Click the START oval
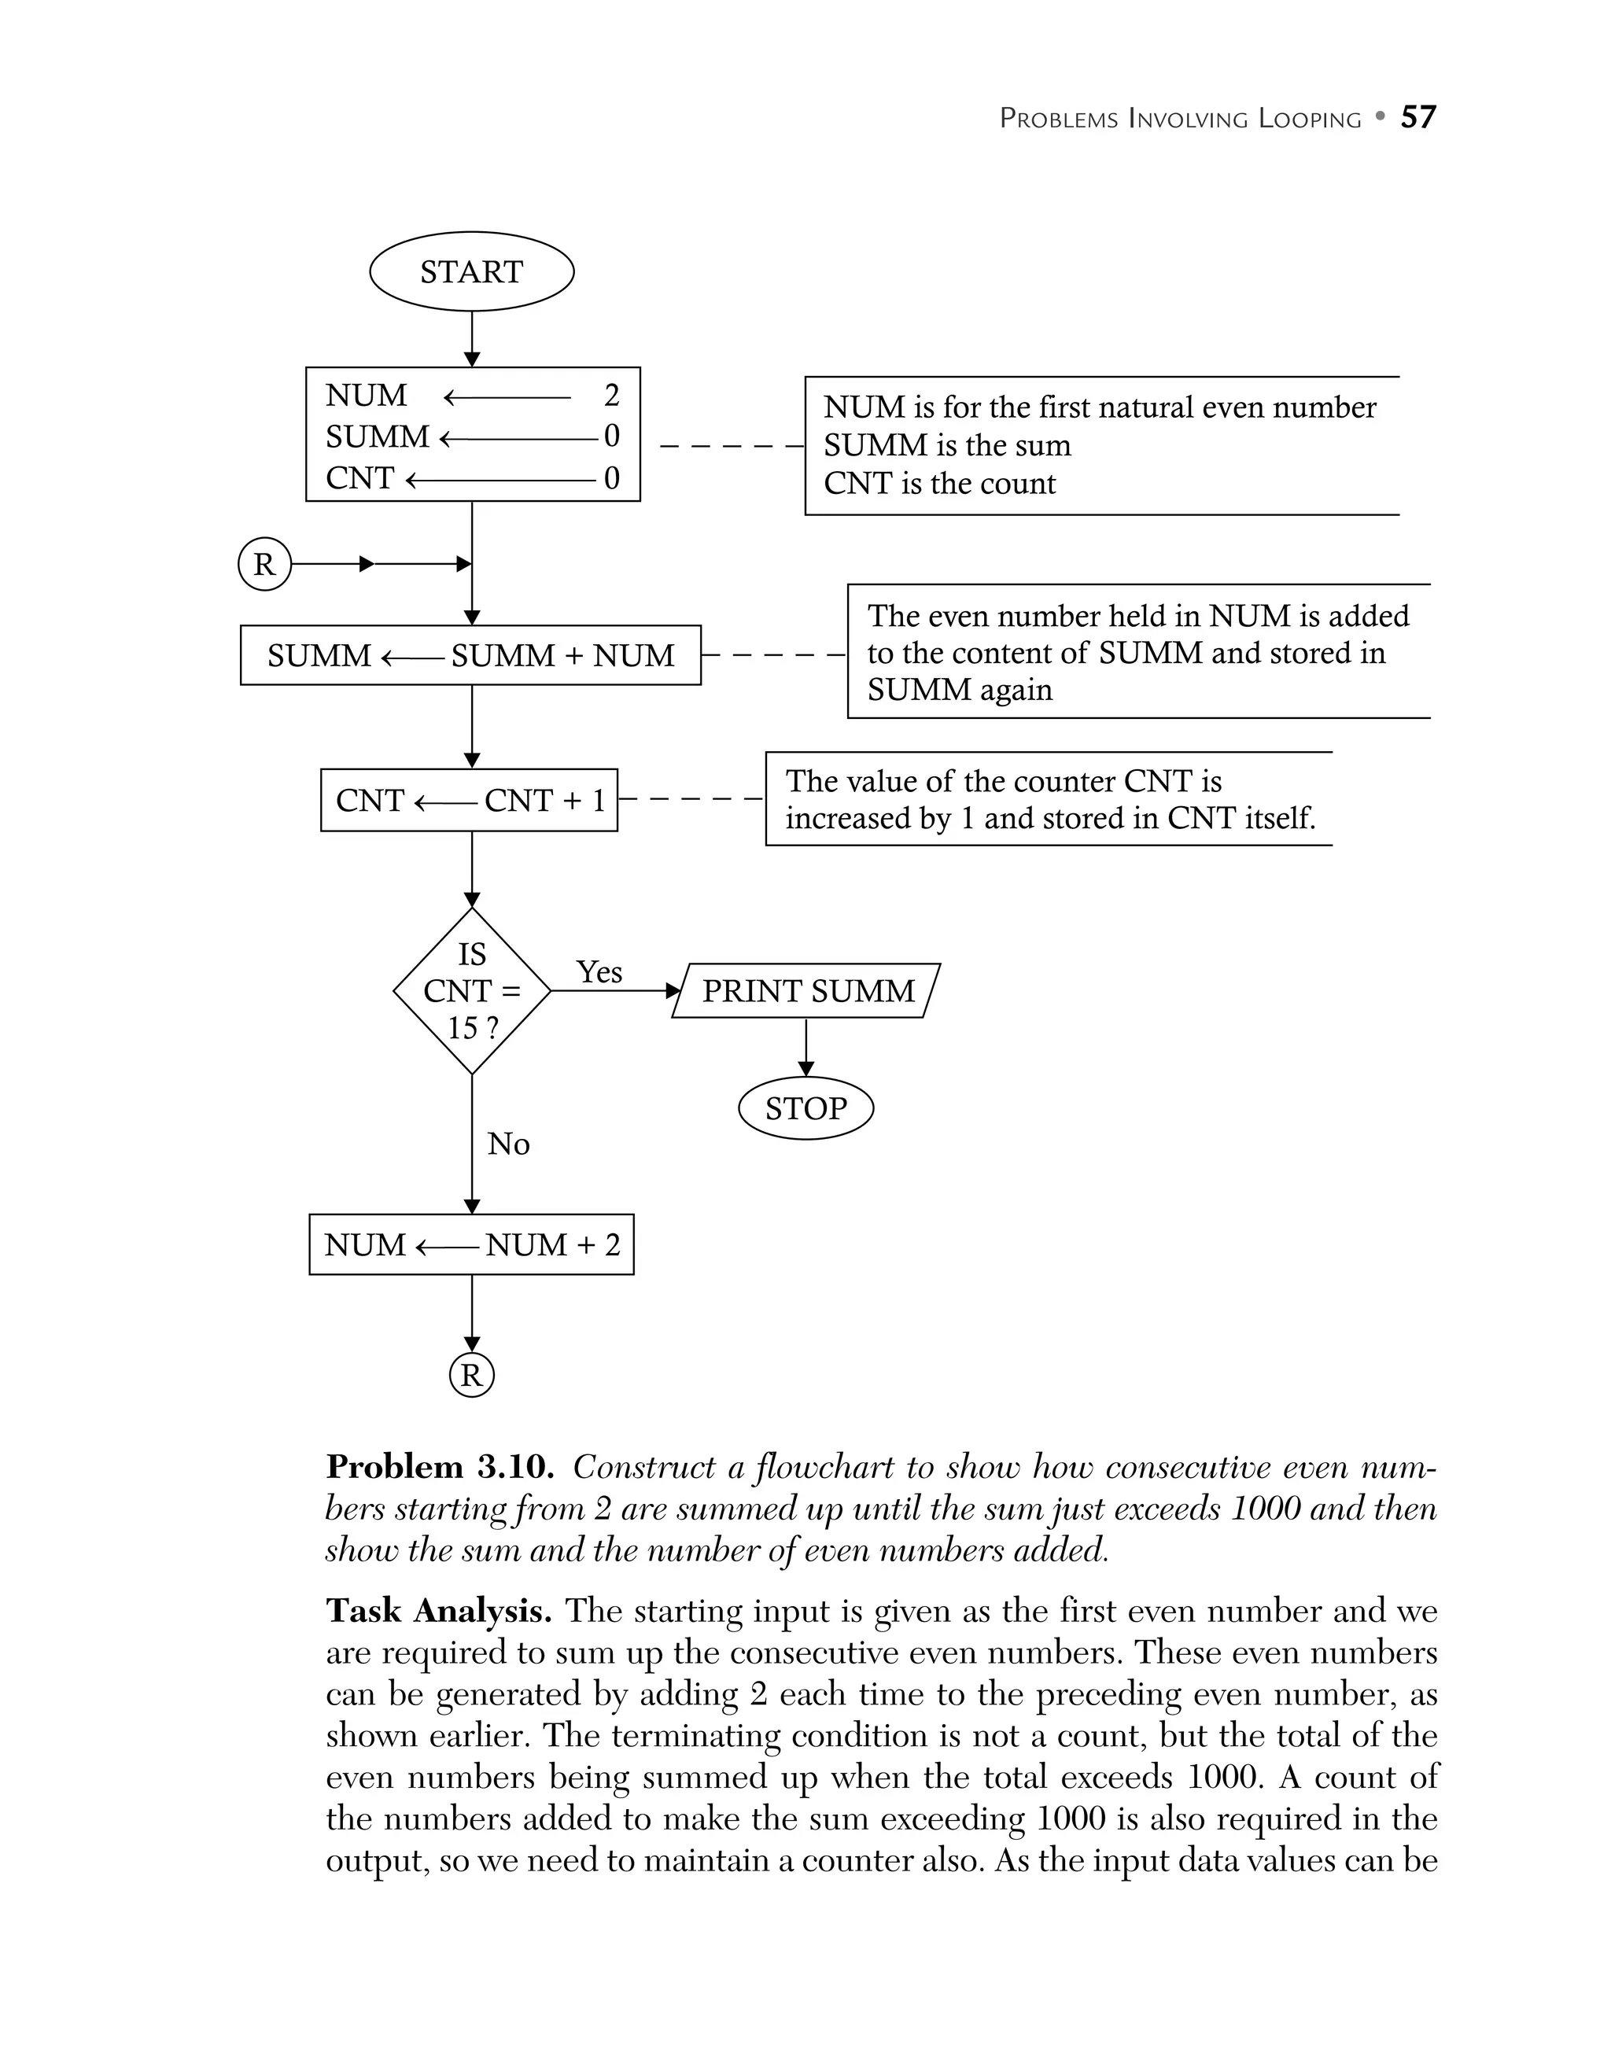coord(471,271)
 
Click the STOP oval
coord(805,1107)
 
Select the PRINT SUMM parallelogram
coord(806,991)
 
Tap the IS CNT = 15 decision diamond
coord(471,991)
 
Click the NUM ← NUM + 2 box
coord(471,1244)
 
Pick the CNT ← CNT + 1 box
coord(468,801)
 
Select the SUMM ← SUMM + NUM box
coord(470,655)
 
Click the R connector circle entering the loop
coord(264,564)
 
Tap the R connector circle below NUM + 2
coord(471,1375)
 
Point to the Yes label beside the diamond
coord(599,972)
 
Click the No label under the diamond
coord(508,1144)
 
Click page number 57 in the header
coord(1417,116)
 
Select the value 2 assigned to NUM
coord(611,395)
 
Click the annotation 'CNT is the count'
coord(938,484)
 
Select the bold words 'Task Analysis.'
coord(438,1611)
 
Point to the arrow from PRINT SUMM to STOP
coord(806,1047)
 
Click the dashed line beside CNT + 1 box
coord(691,801)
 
